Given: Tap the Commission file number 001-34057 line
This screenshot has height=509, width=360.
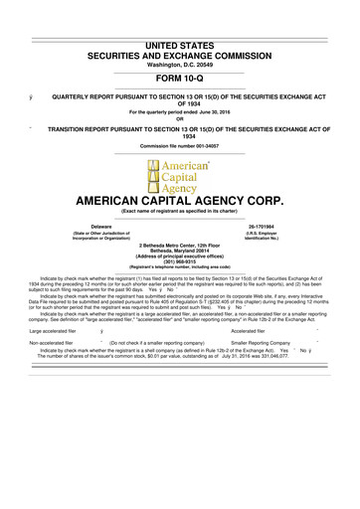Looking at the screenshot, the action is [180, 145].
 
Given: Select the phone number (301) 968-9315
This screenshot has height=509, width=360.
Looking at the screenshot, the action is [180, 263].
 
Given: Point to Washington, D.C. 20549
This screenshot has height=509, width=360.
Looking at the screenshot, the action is [180, 38].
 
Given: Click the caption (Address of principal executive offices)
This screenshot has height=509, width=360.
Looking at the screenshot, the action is [180, 257].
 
